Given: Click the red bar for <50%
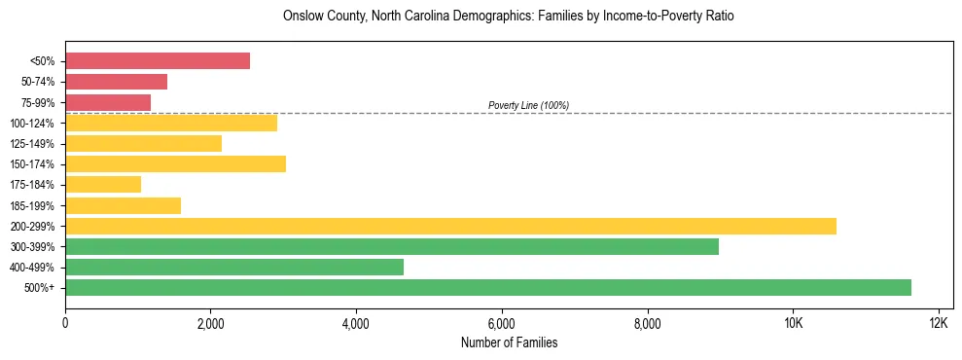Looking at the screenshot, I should click(158, 61).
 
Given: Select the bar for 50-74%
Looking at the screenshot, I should click(116, 82).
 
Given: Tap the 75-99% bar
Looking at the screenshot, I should click(108, 102).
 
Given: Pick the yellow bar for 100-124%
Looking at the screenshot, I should click(171, 123).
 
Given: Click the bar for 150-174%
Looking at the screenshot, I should click(175, 163).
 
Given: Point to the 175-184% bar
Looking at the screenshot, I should click(103, 184).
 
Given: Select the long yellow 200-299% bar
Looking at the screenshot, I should click(450, 226).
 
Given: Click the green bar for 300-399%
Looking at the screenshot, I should click(392, 246).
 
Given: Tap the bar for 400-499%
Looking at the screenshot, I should click(234, 267).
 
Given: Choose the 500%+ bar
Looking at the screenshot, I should click(488, 287).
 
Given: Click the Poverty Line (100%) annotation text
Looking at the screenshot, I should click(528, 105).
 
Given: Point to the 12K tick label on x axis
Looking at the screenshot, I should click(938, 323).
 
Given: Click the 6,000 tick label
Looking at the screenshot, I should click(502, 323).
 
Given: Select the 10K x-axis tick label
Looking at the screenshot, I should click(793, 323).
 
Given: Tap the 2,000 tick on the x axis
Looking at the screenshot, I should click(211, 323).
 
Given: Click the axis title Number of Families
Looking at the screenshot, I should click(509, 342).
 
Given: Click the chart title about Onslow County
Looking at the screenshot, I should click(509, 17).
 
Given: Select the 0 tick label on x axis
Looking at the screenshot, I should click(65, 323).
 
